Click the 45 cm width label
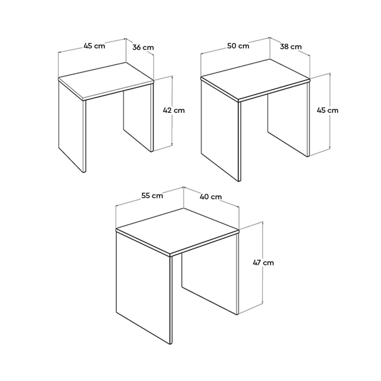point(94,46)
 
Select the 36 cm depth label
point(143,48)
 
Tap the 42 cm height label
point(173,110)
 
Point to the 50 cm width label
point(238,46)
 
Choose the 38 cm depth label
point(291,47)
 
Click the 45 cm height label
point(328,110)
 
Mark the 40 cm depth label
point(211,197)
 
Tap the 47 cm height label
point(263,263)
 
